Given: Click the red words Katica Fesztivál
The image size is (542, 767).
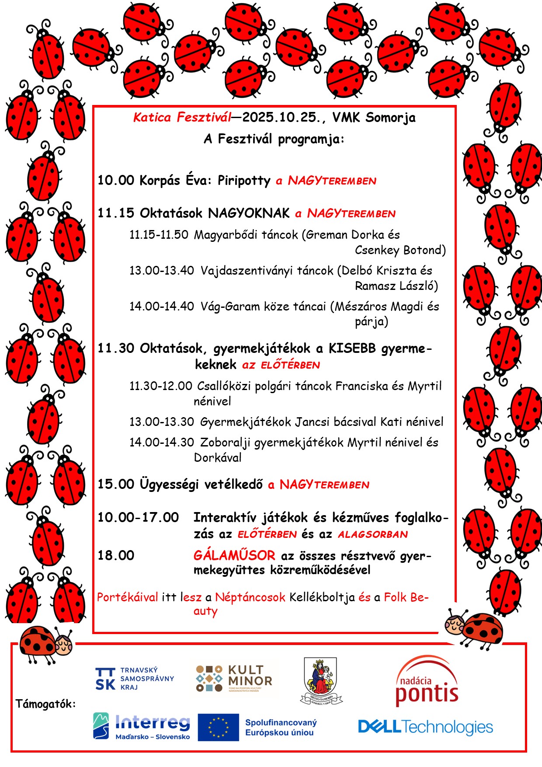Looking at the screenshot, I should click(182, 117).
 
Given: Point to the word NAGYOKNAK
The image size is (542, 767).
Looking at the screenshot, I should click(249, 213).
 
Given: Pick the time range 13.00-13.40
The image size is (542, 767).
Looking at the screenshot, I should click(161, 270).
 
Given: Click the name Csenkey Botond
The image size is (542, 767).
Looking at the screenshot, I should click(400, 250).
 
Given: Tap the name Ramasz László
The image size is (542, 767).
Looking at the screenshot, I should click(396, 286).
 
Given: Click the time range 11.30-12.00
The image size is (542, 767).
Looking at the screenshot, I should click(160, 386).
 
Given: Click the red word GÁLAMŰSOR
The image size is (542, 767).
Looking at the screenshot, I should click(234, 555).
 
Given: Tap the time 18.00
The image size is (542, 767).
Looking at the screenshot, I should click(116, 555).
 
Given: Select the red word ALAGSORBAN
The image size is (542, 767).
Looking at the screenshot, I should click(373, 534).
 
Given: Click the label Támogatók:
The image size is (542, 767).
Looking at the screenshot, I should click(45, 704).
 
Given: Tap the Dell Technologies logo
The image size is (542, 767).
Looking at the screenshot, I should click(425, 727).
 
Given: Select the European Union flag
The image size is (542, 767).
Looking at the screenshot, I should click(218, 727).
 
